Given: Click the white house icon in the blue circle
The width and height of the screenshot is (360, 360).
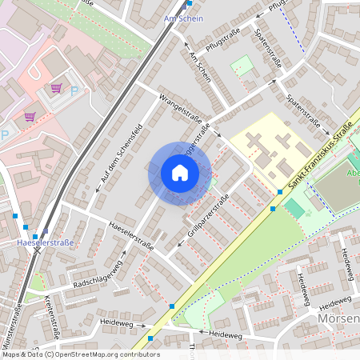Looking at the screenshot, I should (x=180, y=172).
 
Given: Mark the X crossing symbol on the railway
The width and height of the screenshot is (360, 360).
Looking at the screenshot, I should (x=37, y=250).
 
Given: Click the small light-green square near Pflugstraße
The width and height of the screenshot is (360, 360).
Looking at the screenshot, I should (x=241, y=64).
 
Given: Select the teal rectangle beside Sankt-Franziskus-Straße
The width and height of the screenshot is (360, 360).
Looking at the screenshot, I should (x=294, y=208).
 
